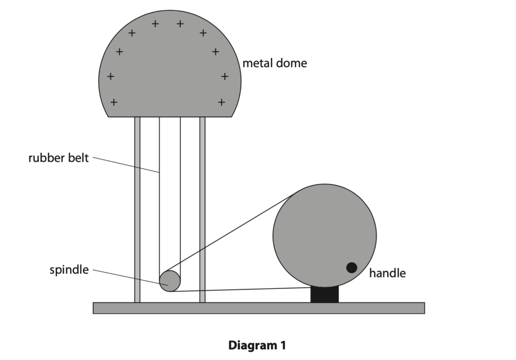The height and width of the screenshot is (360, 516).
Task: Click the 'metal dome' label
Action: click(x=275, y=63)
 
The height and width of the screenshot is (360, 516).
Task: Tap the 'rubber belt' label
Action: click(x=58, y=158)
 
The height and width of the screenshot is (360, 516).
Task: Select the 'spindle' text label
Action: click(x=69, y=270)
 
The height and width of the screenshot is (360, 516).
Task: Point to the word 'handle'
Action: click(x=388, y=273)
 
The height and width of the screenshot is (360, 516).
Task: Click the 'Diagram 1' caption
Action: click(x=257, y=345)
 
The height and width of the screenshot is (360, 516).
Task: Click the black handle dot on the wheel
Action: click(x=351, y=268)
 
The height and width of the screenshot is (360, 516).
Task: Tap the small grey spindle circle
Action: click(x=170, y=281)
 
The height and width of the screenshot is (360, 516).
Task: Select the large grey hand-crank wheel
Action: click(x=325, y=236)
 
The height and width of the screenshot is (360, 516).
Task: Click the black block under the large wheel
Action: click(x=325, y=295)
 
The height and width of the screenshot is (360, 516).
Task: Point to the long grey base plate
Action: click(x=259, y=308)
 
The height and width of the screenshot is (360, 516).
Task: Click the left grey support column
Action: click(x=137, y=210)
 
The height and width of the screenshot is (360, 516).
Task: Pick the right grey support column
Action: click(x=203, y=210)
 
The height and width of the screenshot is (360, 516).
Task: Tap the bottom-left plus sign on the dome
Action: click(x=113, y=102)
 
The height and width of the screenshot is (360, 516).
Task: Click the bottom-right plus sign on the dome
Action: click(x=222, y=102)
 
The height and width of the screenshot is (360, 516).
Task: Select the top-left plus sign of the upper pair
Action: click(x=155, y=24)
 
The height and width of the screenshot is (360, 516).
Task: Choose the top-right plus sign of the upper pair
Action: click(x=180, y=24)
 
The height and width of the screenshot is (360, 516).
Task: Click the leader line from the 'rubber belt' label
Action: click(x=126, y=165)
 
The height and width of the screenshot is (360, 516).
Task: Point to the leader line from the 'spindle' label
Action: click(x=131, y=277)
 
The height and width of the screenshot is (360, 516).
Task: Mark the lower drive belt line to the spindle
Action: click(x=241, y=290)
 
